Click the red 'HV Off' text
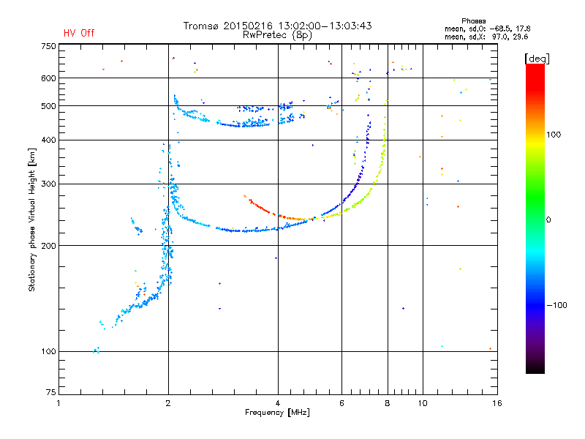tap(79, 33)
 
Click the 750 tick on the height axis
tap(48, 46)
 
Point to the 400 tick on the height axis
tap(48, 140)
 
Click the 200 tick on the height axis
tap(48, 245)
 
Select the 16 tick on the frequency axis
tap(497, 404)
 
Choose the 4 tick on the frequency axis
tap(278, 404)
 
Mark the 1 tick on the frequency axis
tap(59, 404)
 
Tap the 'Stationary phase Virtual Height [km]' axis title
tap(32, 219)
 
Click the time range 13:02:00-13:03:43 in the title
tap(322, 26)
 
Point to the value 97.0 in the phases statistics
tap(503, 35)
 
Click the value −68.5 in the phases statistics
tap(502, 28)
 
